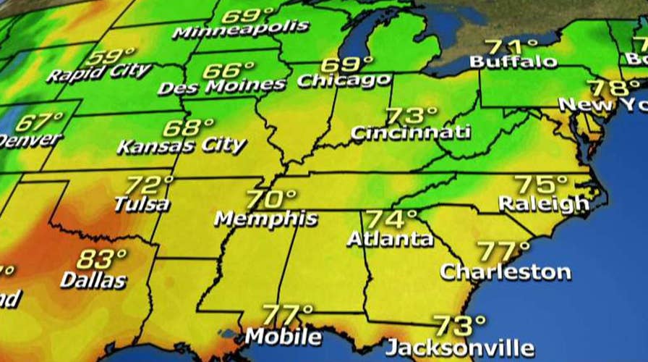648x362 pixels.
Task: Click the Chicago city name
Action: click(344, 79)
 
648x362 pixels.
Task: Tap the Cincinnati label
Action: click(410, 132)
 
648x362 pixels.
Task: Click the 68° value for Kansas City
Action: click(182, 128)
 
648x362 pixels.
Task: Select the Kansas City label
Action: click(182, 145)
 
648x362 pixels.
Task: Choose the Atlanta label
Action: click(390, 237)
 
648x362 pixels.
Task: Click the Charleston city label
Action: click(506, 271)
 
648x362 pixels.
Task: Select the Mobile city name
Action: click(283, 336)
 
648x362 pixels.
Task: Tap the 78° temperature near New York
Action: click(608, 88)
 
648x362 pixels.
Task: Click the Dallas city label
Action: click(93, 279)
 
